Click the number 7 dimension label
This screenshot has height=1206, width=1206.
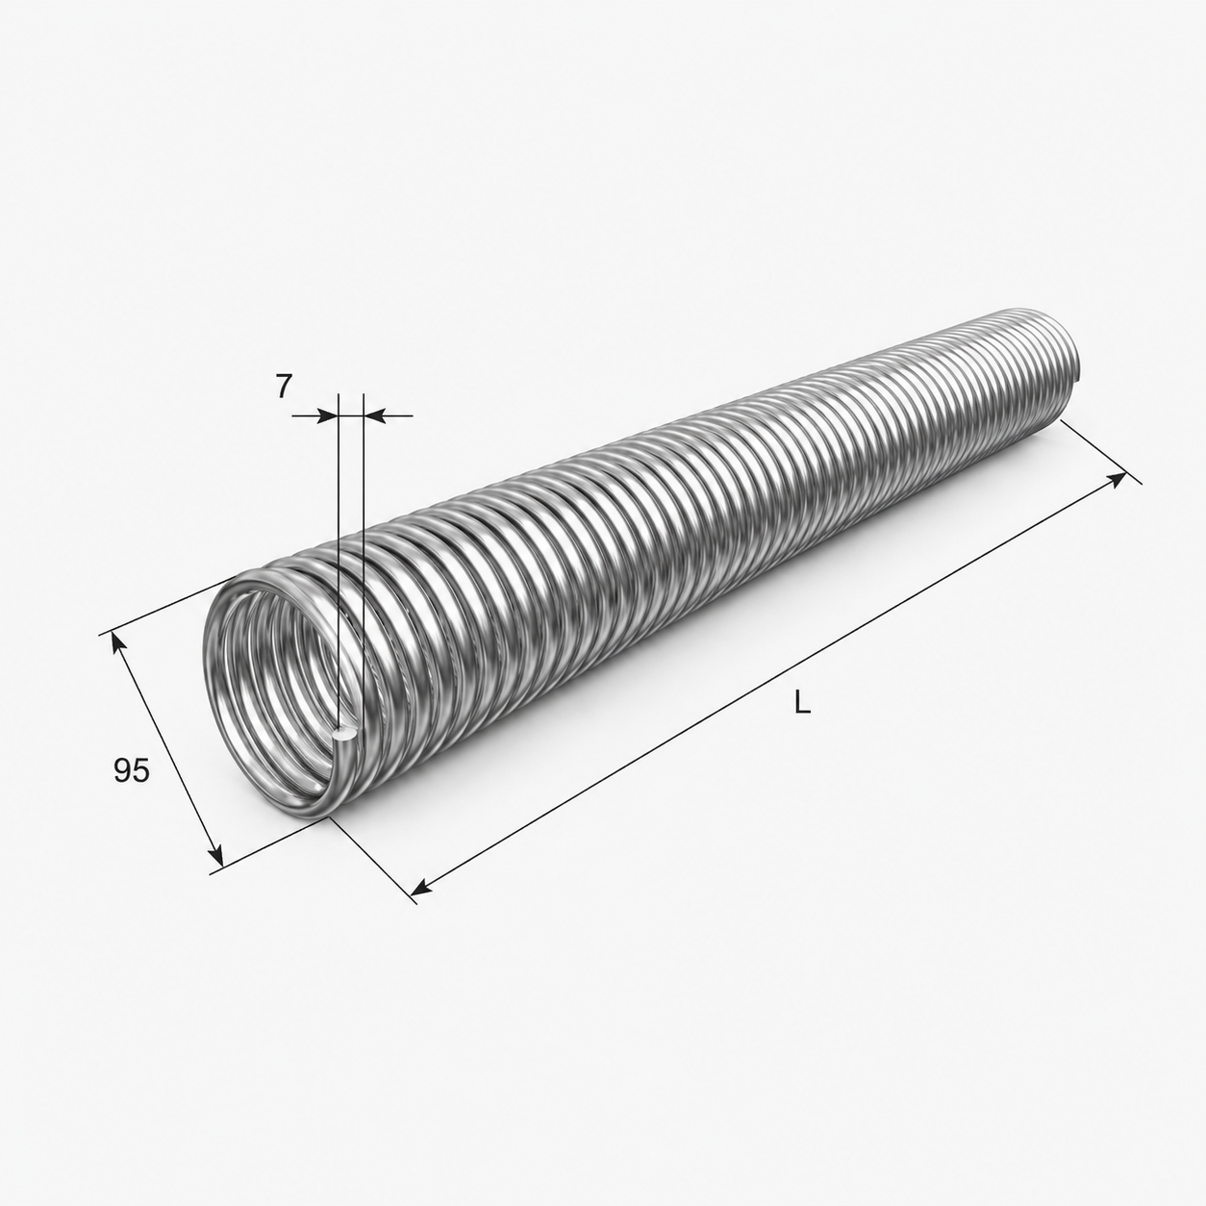pos(284,388)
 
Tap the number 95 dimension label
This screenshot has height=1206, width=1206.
pos(132,770)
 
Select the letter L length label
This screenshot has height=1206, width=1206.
pos(802,704)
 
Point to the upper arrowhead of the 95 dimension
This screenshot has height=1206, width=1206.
pos(117,644)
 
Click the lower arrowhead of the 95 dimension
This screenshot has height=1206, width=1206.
pos(214,852)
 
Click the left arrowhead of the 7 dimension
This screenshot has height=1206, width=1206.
pos(327,415)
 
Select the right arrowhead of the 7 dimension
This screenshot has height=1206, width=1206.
pos(373,415)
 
